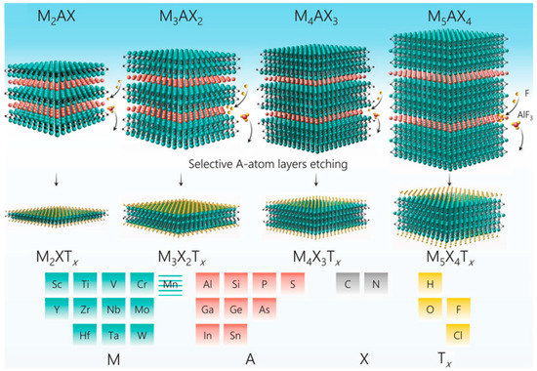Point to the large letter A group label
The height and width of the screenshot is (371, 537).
pyautogui.click(x=250, y=359)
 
